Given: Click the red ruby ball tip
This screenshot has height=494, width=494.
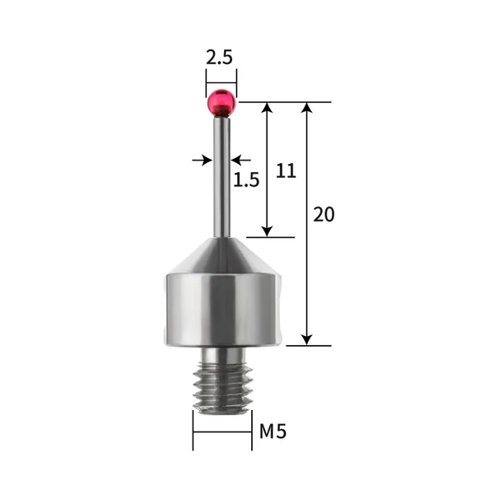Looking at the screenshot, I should [x=221, y=103].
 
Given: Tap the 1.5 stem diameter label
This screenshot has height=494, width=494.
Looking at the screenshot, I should [x=246, y=179].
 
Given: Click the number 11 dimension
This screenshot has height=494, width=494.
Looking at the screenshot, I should [x=285, y=170].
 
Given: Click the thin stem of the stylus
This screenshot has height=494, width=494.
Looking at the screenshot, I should [x=221, y=177].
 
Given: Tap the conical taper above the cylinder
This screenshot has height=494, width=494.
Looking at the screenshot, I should [x=221, y=255].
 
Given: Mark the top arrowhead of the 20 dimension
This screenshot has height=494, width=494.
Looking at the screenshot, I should [x=307, y=109].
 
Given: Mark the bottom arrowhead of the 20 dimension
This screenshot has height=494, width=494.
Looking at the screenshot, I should [x=307, y=339].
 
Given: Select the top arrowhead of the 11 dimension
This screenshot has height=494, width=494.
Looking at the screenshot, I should [x=267, y=109].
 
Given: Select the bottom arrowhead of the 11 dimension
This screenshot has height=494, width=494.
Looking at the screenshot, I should [x=267, y=231].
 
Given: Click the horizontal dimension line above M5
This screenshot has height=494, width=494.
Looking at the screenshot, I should [x=222, y=431].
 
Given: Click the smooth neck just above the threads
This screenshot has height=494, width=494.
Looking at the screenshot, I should [x=221, y=353].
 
